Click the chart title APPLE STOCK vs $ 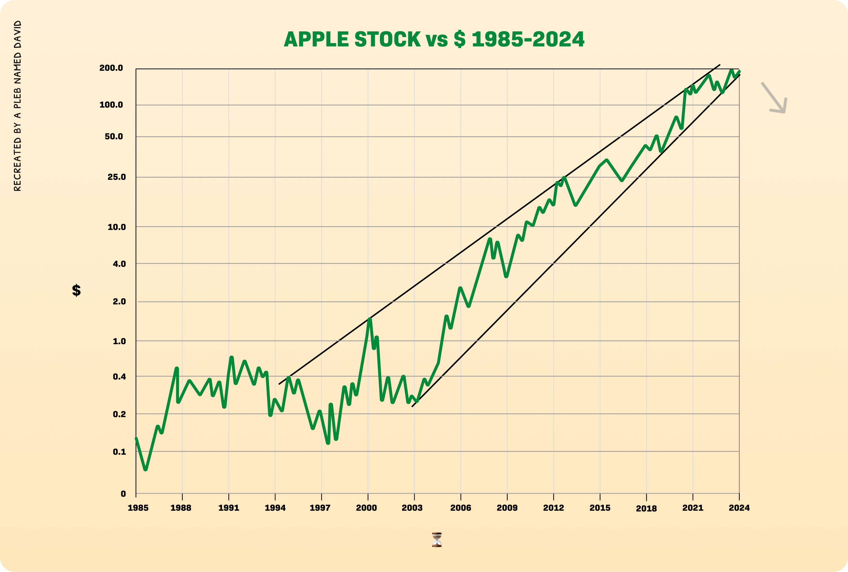click(x=434, y=39)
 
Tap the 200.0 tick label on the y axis click(x=111, y=68)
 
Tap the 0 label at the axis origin click(x=123, y=494)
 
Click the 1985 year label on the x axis click(x=138, y=508)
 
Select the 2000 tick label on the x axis click(x=366, y=508)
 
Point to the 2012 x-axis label click(x=553, y=508)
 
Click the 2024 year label click(x=739, y=508)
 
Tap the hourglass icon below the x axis click(x=437, y=540)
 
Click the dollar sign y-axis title click(x=76, y=291)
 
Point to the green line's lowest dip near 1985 click(x=146, y=469)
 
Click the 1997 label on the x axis click(x=320, y=508)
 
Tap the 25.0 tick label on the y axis click(x=117, y=177)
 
